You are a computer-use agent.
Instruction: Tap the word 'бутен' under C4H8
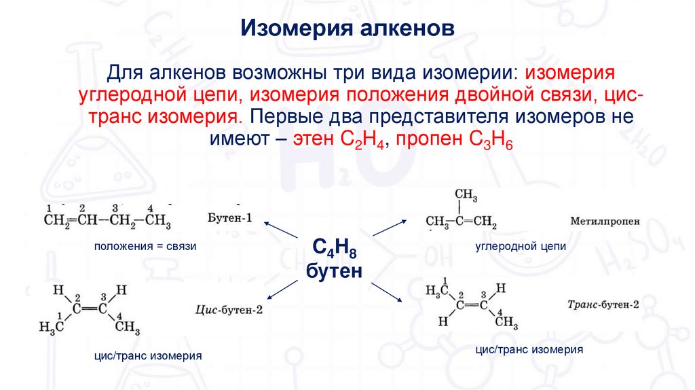coord(334,271)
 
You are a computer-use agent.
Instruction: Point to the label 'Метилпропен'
coord(605,221)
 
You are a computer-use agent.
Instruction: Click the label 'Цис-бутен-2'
coord(228,309)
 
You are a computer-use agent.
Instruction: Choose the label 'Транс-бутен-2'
coord(603,304)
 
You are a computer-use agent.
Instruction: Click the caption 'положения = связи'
coord(145,247)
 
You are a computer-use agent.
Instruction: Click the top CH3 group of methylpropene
coord(466,197)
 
